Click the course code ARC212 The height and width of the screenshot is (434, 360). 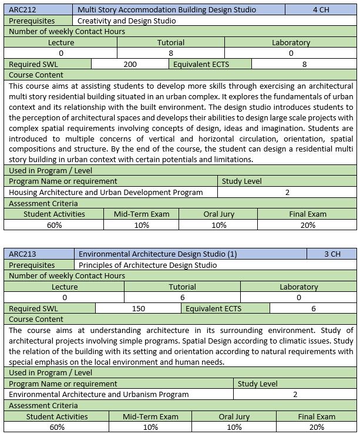(21, 9)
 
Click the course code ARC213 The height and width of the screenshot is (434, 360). (21, 254)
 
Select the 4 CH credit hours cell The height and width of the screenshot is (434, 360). (321, 9)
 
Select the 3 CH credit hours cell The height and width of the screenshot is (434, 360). (332, 254)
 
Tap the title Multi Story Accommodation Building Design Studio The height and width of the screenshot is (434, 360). (167, 9)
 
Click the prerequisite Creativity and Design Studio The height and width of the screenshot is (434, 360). (126, 21)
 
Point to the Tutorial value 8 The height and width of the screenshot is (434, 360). (171, 53)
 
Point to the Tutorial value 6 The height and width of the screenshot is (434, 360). (182, 298)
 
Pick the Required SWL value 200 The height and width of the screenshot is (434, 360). (130, 65)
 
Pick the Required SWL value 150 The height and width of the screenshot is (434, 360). (139, 309)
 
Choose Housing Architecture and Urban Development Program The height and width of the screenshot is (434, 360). (106, 192)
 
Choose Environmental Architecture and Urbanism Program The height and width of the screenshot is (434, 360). (99, 395)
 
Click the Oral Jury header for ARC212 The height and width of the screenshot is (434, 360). (219, 214)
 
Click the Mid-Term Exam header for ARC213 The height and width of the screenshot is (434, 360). (151, 416)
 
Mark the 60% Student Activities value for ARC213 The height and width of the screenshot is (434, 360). (57, 427)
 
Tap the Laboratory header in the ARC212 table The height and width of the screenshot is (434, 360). (291, 42)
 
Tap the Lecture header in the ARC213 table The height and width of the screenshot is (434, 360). (65, 287)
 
